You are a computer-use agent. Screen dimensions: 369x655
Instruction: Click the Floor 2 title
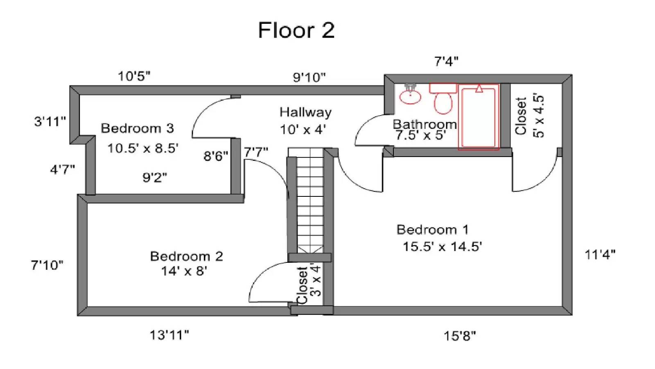click(296, 30)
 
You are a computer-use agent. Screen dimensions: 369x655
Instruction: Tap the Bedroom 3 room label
click(137, 128)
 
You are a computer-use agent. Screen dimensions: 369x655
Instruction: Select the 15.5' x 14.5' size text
click(442, 247)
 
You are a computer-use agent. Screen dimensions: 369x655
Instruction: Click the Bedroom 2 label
click(186, 257)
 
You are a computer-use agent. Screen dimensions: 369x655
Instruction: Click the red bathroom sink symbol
click(410, 96)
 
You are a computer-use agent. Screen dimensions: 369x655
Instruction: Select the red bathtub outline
click(479, 117)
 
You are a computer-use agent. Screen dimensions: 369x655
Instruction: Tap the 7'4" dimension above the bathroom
click(446, 61)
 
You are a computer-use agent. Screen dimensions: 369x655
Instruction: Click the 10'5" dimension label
click(134, 76)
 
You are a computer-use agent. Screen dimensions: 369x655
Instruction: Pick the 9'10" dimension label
click(309, 77)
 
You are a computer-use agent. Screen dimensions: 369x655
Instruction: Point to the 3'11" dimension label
click(50, 121)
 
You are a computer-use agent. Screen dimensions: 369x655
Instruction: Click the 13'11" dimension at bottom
click(169, 335)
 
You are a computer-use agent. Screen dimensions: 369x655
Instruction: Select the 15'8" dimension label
click(460, 336)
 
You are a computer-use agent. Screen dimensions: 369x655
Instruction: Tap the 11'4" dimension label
click(600, 255)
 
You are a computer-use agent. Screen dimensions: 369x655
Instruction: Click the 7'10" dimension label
click(47, 265)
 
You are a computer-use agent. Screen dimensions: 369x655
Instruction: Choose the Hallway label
click(305, 112)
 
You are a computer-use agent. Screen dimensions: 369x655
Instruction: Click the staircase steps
click(310, 201)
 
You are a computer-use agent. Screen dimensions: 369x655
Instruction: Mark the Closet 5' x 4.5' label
click(529, 116)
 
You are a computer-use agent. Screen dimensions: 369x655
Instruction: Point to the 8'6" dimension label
click(216, 156)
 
